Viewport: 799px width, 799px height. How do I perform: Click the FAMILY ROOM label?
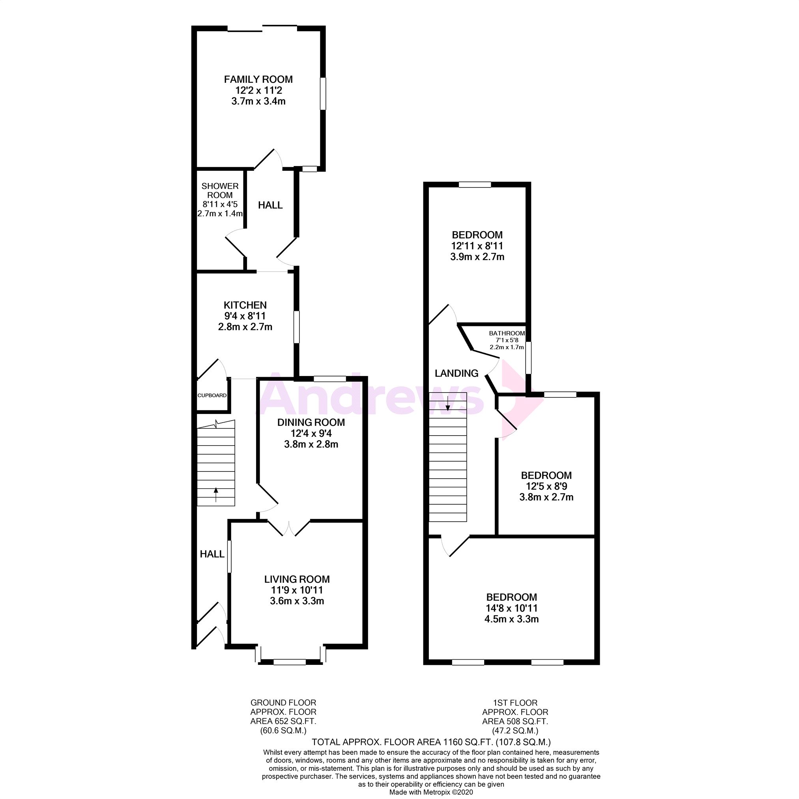point(258,79)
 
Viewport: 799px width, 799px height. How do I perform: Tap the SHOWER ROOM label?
point(220,191)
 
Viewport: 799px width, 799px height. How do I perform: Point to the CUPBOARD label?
point(212,395)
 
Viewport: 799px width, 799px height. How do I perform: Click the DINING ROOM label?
point(311,422)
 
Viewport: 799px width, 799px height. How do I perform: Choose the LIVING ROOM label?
point(297,579)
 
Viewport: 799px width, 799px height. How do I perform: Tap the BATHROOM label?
point(507,333)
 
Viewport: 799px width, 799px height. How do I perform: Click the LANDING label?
point(456,373)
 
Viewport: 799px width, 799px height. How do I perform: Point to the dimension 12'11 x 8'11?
point(477,246)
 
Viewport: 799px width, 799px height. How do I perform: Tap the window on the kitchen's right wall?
point(296,327)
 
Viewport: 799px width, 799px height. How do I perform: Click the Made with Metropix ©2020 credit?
point(431,792)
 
